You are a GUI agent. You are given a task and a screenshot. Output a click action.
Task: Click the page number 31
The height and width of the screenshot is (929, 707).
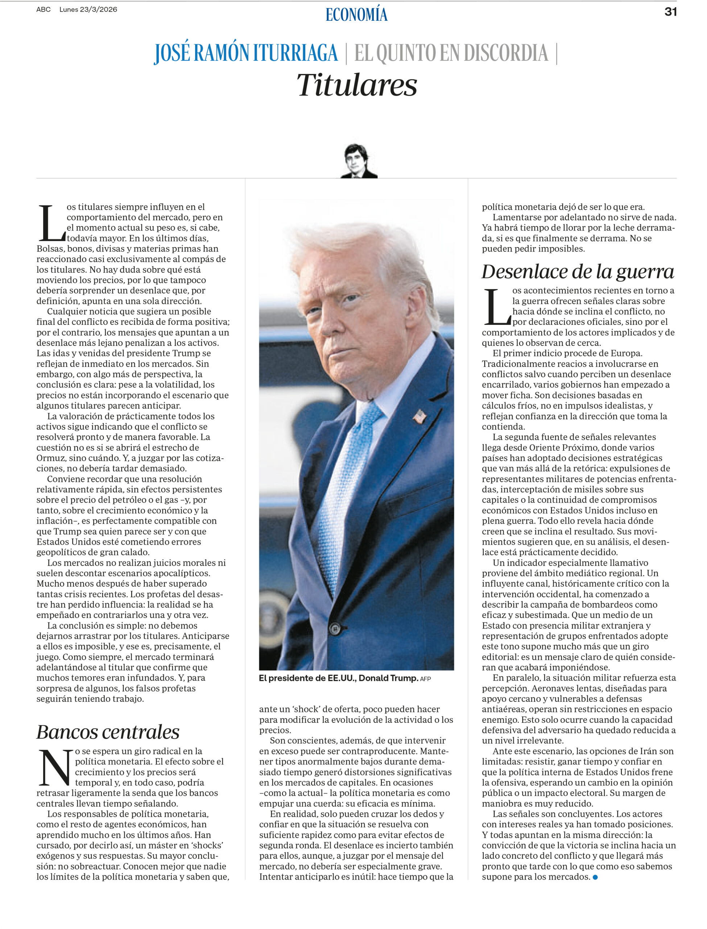670,12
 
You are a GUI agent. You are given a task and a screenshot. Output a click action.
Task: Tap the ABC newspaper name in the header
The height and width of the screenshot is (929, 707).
44,9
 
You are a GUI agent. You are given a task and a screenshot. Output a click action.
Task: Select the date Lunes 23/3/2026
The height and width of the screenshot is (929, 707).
88,9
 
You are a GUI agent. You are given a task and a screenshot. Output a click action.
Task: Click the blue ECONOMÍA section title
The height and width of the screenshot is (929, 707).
356,15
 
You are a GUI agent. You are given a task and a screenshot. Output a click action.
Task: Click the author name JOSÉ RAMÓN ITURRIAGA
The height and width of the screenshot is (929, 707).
246,53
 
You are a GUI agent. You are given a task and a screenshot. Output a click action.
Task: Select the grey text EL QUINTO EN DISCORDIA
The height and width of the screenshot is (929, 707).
451,53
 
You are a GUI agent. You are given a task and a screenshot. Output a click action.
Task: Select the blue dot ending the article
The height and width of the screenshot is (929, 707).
595,877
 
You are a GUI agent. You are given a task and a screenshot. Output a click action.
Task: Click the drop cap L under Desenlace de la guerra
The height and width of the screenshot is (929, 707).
497,307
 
